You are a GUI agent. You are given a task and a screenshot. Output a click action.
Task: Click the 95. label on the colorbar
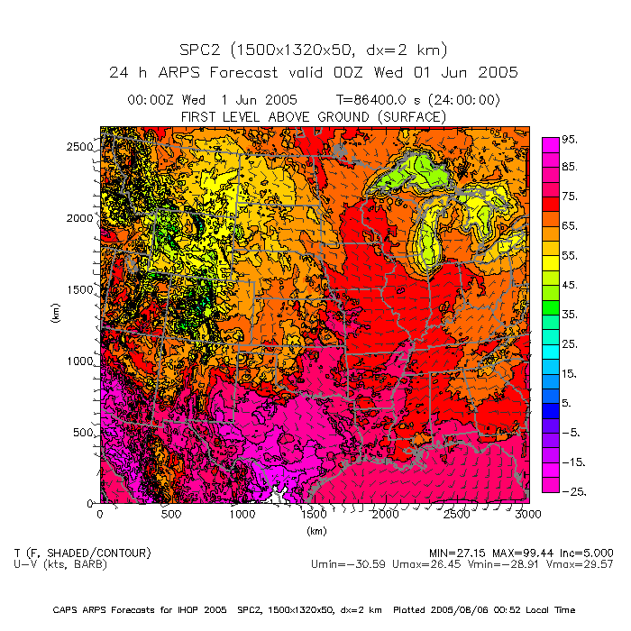tap(570, 140)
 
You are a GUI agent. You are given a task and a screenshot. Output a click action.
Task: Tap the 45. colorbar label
tap(570, 285)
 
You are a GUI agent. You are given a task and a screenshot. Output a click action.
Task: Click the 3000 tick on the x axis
tap(528, 514)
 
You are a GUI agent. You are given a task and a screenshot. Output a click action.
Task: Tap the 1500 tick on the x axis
tap(314, 514)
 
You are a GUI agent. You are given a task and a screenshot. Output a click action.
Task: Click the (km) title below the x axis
tap(315, 531)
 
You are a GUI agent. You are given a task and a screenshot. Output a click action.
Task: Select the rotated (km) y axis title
tap(55, 315)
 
